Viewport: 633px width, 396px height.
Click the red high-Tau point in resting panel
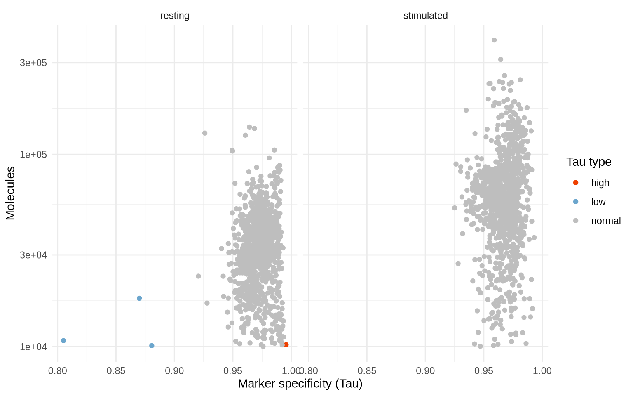coord(286,344)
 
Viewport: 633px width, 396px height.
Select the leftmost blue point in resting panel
coord(63,340)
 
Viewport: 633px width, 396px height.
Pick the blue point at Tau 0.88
coord(152,345)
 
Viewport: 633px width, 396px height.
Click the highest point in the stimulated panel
coord(494,40)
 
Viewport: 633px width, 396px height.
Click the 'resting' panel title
coord(175,16)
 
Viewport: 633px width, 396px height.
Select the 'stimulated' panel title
coord(425,16)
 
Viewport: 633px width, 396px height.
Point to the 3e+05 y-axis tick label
coord(34,63)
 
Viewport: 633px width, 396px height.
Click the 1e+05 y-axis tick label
coord(34,154)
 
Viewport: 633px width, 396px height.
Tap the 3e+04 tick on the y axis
coord(34,255)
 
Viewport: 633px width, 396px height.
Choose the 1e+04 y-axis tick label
coord(34,346)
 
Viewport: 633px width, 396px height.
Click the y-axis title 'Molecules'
coord(10,193)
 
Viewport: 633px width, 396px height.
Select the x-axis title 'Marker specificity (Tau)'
coord(300,384)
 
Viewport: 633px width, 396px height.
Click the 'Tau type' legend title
coord(588,162)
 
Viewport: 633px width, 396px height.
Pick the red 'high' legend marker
coord(576,183)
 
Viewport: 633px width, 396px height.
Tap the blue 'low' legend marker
coord(576,202)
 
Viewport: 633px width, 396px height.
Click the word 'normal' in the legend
coord(606,221)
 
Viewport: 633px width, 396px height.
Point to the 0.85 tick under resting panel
coord(116,370)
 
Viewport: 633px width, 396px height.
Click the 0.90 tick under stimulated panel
coord(425,370)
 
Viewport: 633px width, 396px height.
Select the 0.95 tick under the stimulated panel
coord(484,370)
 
